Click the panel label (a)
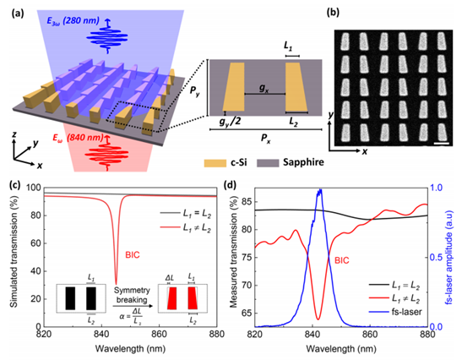pyautogui.click(x=18, y=14)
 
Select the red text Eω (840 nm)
pyautogui.click(x=78, y=138)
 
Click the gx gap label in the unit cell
pyautogui.click(x=264, y=89)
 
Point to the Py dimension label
pyautogui.click(x=195, y=91)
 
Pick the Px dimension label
pyautogui.click(x=266, y=139)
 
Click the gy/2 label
pyautogui.click(x=230, y=121)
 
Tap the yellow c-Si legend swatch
pyautogui.click(x=215, y=163)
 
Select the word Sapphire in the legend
pyautogui.click(x=303, y=162)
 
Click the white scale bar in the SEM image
pyautogui.click(x=442, y=144)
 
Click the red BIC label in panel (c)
pyautogui.click(x=133, y=255)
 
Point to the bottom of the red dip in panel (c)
pyautogui.click(x=116, y=284)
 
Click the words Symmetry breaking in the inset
pyautogui.click(x=132, y=295)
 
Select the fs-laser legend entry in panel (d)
pyautogui.click(x=395, y=312)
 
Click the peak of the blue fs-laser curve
pyautogui.click(x=321, y=190)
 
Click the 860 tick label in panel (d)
pyautogui.click(x=370, y=335)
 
